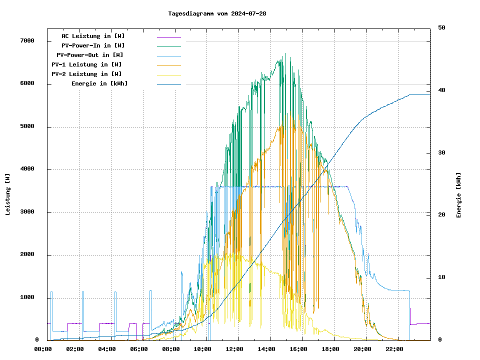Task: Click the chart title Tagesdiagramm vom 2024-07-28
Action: pos(217,13)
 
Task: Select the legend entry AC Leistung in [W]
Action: pos(93,36)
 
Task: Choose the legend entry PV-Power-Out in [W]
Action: pos(89,55)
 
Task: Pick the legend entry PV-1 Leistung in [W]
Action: pos(86,64)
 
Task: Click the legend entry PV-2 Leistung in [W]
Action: pos(86,74)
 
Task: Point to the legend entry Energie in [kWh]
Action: pos(99,83)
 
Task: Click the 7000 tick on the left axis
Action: pos(27,41)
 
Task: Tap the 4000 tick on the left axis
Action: pos(27,169)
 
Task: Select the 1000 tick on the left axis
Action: pos(27,297)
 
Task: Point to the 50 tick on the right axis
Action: pos(441,28)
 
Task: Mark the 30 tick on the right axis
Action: pos(441,153)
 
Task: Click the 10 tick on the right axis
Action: pos(441,277)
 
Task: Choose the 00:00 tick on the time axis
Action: pos(43,349)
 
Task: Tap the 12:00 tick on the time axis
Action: pos(234,349)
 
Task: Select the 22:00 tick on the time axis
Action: pos(394,349)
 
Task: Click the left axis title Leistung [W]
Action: pos(8,194)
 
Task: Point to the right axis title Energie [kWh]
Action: pos(458,195)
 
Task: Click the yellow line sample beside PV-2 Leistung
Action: pos(168,74)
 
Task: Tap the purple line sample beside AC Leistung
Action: pos(168,36)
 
